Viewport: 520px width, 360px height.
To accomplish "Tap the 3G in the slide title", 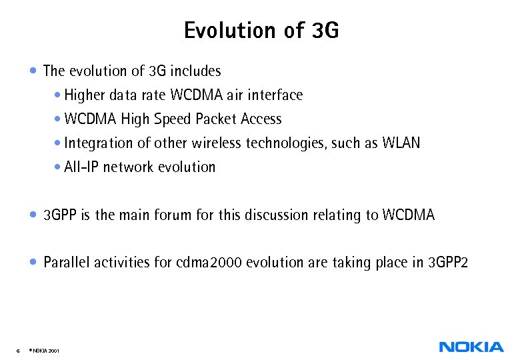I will coord(325,31).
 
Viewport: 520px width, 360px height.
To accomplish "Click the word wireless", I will coord(217,143).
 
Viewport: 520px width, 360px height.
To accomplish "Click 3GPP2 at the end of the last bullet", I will coord(448,263).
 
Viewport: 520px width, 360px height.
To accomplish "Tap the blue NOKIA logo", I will coord(471,347).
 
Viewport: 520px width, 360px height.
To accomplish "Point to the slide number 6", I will coord(17,350).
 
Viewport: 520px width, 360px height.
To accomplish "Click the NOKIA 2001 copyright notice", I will coord(45,350).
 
